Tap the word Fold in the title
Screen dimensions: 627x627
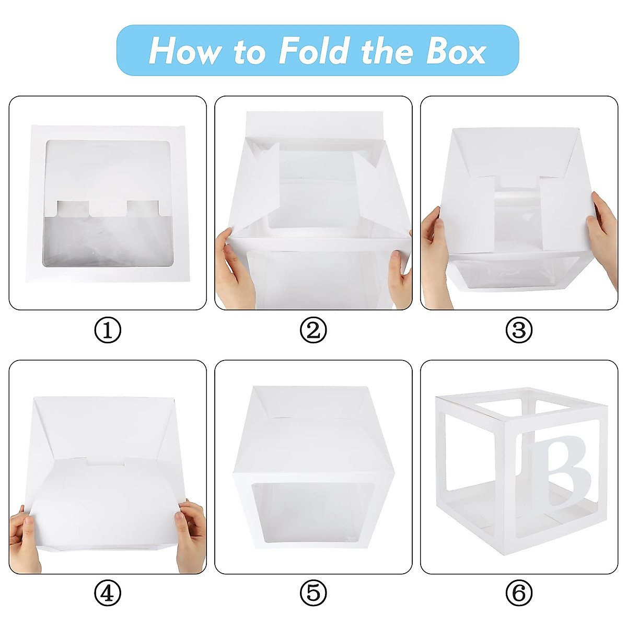pos(313,51)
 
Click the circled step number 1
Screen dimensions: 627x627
pos(108,330)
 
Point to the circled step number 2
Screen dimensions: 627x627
pos(313,330)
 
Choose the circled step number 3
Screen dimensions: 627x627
pos(519,330)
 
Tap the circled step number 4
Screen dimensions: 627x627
pos(108,594)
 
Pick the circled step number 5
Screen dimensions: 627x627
pos(313,594)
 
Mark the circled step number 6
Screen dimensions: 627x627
pos(519,594)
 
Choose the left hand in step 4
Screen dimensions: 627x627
pos(25,538)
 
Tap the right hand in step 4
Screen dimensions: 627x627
pos(191,536)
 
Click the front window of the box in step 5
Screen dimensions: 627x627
pos(312,515)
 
